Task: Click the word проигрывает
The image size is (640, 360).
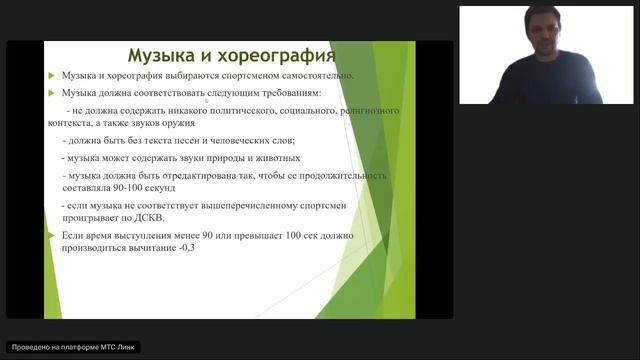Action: (87, 219)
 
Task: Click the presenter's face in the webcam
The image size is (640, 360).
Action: (541, 40)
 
